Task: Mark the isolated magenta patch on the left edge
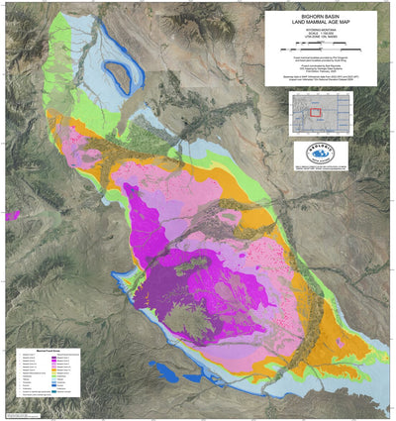tap(11, 214)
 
